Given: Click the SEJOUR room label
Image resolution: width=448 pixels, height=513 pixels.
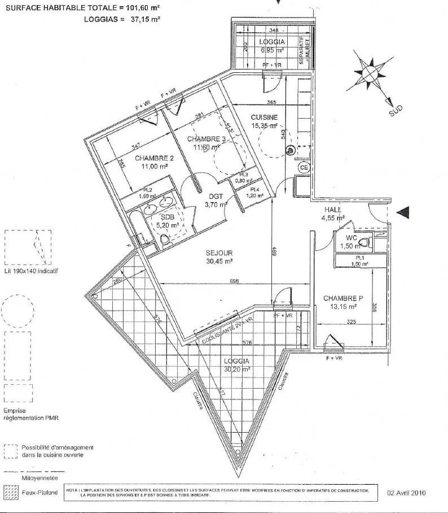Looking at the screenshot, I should tap(219, 253).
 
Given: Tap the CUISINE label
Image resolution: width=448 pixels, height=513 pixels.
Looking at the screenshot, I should tap(265, 117).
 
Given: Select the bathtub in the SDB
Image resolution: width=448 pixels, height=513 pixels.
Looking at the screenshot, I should tap(138, 229).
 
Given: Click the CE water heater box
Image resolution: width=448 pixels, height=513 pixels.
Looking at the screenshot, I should tap(303, 168).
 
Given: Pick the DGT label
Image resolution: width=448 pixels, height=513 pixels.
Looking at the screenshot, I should tap(215, 196).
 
